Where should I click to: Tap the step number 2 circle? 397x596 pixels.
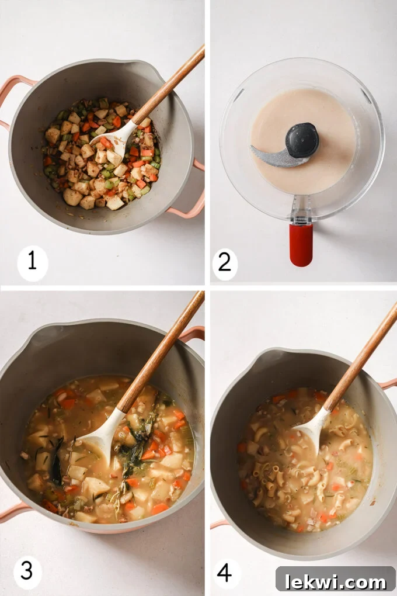225,263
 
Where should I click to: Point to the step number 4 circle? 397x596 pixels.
225,573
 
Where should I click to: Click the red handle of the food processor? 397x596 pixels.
301,244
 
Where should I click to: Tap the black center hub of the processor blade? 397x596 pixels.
302,140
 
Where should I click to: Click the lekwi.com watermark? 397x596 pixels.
335,581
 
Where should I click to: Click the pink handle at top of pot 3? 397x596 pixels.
193,334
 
